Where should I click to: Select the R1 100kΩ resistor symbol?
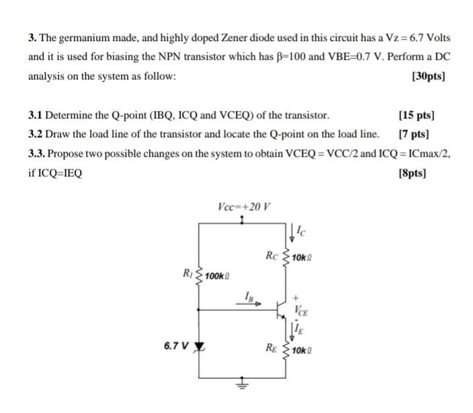(199, 275)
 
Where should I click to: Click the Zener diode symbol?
(199, 348)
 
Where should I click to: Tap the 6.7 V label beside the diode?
(175, 346)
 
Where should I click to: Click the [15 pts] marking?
(417, 116)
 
